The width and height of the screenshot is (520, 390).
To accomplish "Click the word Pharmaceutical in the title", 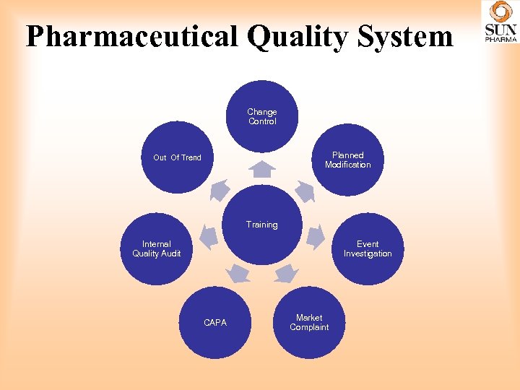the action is pyautogui.click(x=131, y=36).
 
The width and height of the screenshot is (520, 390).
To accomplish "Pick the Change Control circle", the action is pyautogui.click(x=262, y=116).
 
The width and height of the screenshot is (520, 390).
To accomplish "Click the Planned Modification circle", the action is pyautogui.click(x=347, y=160).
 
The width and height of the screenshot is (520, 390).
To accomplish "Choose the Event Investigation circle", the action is pyautogui.click(x=368, y=249).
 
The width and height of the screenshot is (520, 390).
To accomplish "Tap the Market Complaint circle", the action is pyautogui.click(x=309, y=322).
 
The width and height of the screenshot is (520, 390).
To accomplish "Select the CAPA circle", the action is pyautogui.click(x=215, y=323).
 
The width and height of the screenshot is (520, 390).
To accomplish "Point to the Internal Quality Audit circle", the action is pyautogui.click(x=157, y=249).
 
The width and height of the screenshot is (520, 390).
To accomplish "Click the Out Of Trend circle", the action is pyautogui.click(x=178, y=157).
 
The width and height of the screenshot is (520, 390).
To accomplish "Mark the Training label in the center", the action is pyautogui.click(x=261, y=225).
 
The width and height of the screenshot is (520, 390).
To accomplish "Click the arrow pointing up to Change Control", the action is pyautogui.click(x=263, y=169).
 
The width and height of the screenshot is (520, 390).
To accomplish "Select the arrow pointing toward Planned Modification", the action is pyautogui.click(x=305, y=191).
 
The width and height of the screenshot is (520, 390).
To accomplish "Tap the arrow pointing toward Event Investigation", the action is pyautogui.click(x=316, y=236).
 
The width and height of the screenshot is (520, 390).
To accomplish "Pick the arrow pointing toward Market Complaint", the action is pyautogui.click(x=287, y=273).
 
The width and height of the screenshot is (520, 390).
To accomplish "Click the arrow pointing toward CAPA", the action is pyautogui.click(x=238, y=273).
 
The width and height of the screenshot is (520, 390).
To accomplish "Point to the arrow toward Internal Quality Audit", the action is pyautogui.click(x=208, y=236).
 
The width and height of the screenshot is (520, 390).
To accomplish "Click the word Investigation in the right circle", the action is pyautogui.click(x=368, y=254).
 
